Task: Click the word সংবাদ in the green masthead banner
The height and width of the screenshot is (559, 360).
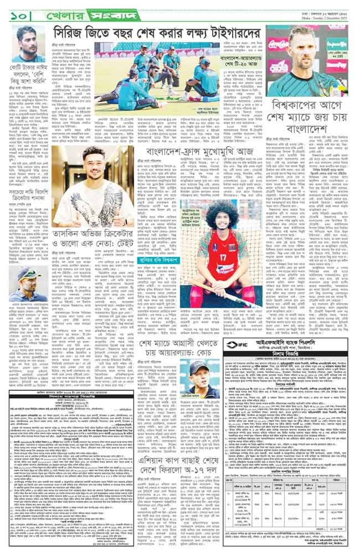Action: (99, 10)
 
